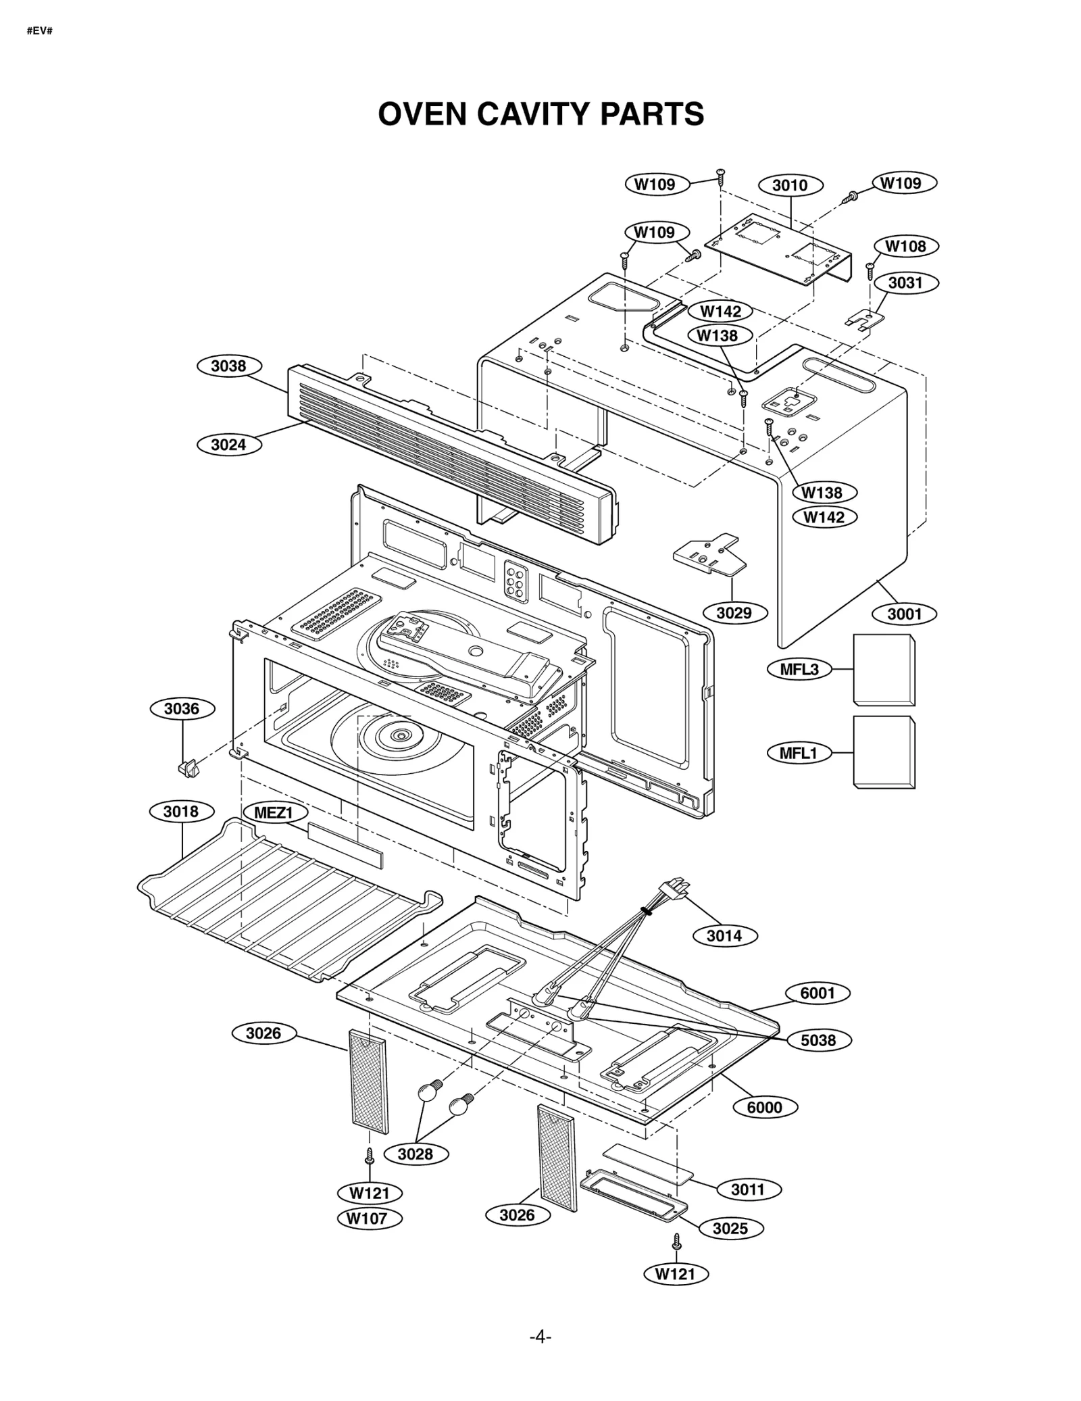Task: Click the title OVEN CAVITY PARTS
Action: pos(540,114)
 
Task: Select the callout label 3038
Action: pos(228,366)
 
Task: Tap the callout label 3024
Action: pos(228,445)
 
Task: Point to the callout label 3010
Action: pos(790,185)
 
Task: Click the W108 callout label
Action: pos(905,246)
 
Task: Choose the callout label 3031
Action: pos(905,282)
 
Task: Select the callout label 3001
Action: pos(904,614)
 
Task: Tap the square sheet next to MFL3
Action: pos(884,670)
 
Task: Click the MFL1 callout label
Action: pos(799,754)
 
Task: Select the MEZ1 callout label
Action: pos(272,812)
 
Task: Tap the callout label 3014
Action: pos(724,936)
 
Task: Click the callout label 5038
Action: pos(818,1040)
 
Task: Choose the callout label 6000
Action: pos(764,1107)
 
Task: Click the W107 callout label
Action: pos(369,1219)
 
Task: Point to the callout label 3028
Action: pos(415,1154)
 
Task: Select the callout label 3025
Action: pos(730,1228)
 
